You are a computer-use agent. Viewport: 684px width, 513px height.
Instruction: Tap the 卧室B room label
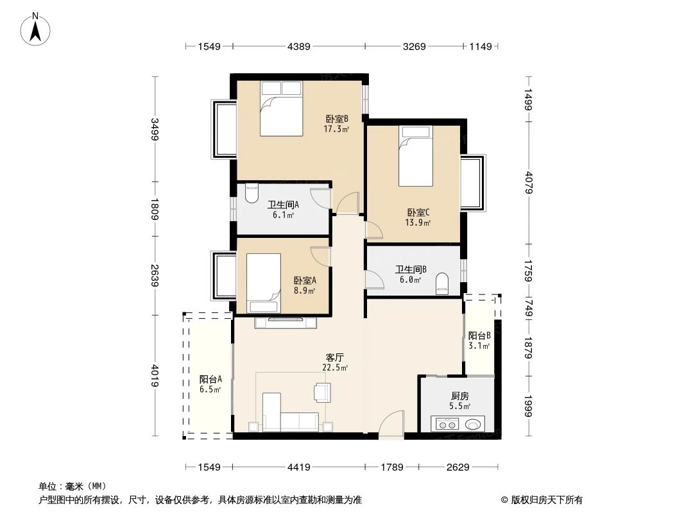coord(336,119)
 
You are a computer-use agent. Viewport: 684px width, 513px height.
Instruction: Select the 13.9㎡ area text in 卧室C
coord(417,223)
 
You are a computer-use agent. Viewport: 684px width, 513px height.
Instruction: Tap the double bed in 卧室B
coord(281,108)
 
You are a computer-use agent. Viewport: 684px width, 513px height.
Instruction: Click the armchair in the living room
coord(321,391)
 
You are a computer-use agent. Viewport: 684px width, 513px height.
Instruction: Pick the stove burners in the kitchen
coord(447,424)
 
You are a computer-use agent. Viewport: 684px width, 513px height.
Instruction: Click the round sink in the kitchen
coord(474,424)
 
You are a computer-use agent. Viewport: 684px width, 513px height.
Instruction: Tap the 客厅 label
coord(335,357)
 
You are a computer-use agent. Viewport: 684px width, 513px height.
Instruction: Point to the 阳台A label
coord(210,379)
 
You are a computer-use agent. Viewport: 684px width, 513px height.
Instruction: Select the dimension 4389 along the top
coord(299,46)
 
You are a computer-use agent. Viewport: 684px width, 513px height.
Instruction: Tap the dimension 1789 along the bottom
coord(391,467)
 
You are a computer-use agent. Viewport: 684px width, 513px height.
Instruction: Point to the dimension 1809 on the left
coord(155,208)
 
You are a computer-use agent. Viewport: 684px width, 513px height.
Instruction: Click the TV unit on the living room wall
coord(286,323)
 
